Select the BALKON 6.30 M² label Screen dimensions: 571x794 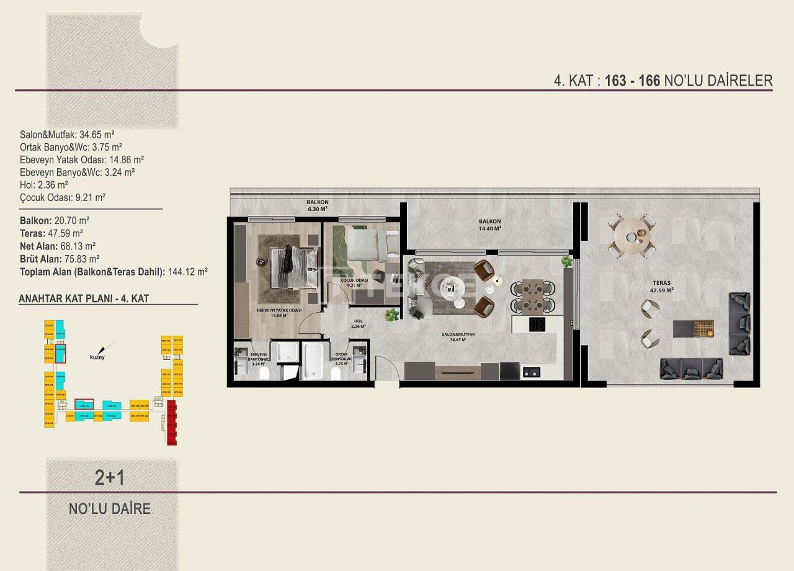(317, 206)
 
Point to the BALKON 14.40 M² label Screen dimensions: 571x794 (489, 225)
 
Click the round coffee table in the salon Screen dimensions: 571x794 (451, 287)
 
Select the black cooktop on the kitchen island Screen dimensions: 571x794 (537, 324)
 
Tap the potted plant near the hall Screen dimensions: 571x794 (391, 314)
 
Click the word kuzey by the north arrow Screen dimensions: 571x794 (97, 357)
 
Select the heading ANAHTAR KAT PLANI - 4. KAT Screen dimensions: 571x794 (84, 299)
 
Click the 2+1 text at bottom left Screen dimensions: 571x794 (110, 477)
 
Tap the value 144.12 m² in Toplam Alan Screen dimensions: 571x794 (187, 271)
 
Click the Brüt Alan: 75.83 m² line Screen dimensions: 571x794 (60, 259)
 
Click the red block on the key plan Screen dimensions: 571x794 (172, 423)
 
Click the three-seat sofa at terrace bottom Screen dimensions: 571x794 (691, 369)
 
